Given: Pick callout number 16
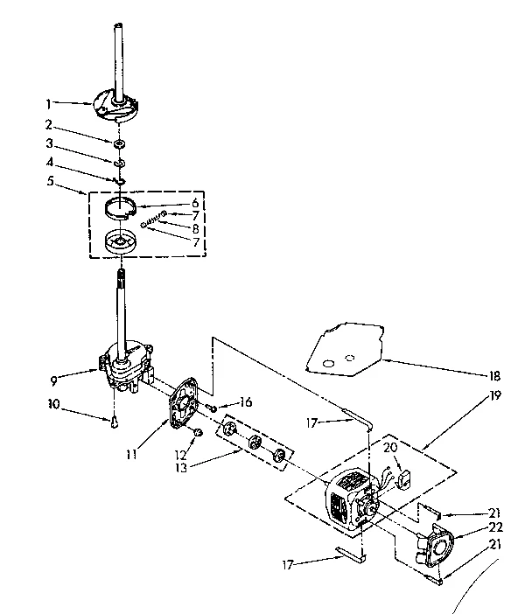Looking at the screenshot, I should click(246, 402).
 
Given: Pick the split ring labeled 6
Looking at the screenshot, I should click(125, 206).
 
